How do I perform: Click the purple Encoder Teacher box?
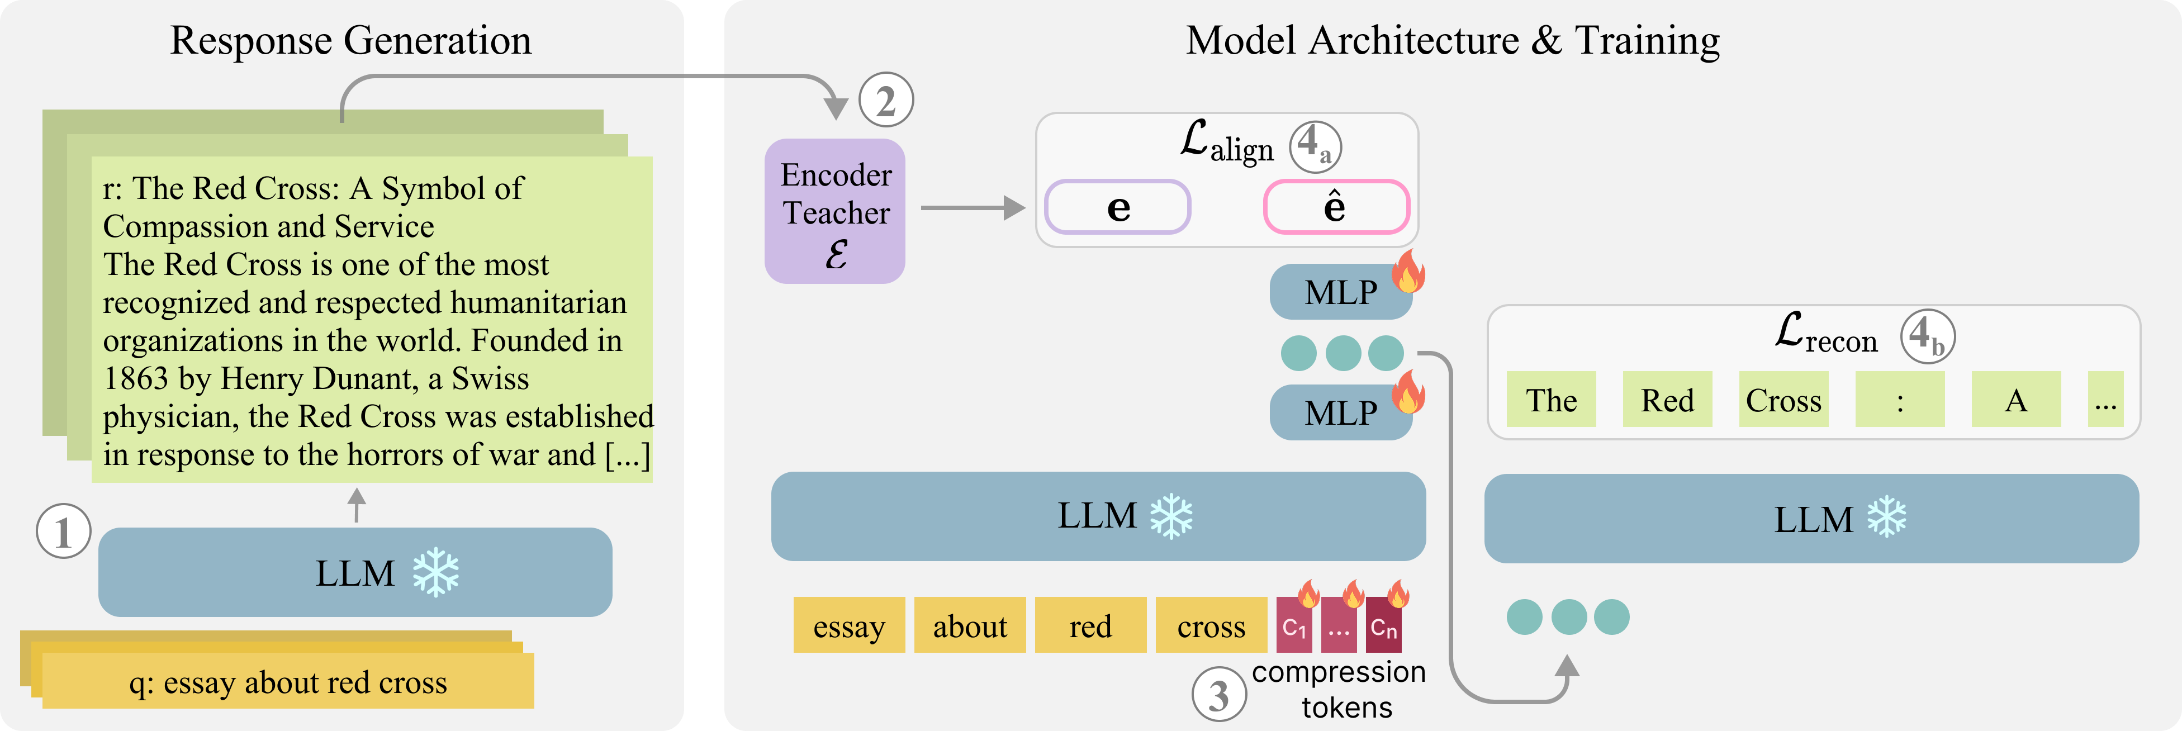click(x=835, y=211)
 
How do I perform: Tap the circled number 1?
click(x=63, y=532)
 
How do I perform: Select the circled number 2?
click(x=886, y=101)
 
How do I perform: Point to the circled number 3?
click(x=1218, y=695)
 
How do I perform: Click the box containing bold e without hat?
click(x=1117, y=207)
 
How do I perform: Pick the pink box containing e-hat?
click(x=1336, y=207)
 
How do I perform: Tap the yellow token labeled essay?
click(x=849, y=626)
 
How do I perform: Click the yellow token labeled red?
click(x=1090, y=626)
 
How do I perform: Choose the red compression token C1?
click(x=1293, y=627)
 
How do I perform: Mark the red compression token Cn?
click(x=1383, y=627)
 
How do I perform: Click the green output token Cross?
click(x=1783, y=400)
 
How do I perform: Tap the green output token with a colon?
click(x=1899, y=400)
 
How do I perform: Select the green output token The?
click(x=1551, y=400)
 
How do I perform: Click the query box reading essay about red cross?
click(x=288, y=681)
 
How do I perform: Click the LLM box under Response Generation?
click(x=355, y=573)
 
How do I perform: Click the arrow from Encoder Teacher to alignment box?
click(x=973, y=207)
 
